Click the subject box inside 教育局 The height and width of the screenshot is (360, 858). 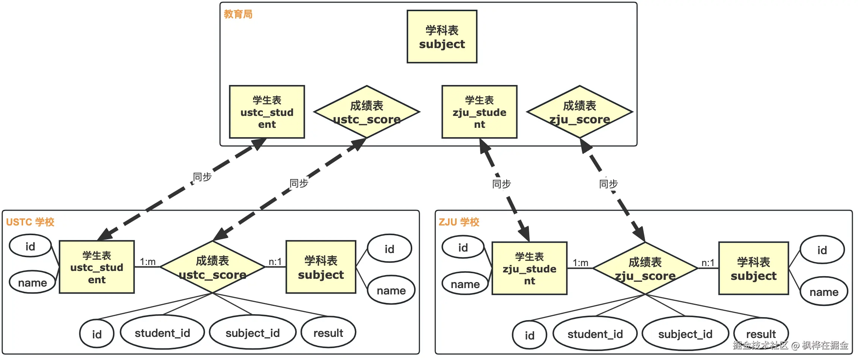click(442, 37)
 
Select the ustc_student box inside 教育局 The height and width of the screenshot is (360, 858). click(267, 112)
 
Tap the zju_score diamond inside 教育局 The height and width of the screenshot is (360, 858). click(580, 112)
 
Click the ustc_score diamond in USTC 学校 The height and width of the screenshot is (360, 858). click(212, 267)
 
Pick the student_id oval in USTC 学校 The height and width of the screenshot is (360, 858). click(163, 332)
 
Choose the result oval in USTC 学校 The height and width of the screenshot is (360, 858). click(328, 332)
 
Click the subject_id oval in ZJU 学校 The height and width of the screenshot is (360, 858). click(685, 334)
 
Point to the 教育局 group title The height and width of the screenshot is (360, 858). click(238, 14)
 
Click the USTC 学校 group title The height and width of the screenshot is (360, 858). click(30, 222)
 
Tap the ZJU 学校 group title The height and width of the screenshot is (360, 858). click(459, 222)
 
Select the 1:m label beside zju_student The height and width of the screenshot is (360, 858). click(580, 263)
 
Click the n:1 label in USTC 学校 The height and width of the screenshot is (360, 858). click(275, 262)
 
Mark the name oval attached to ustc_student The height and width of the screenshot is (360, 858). click(32, 282)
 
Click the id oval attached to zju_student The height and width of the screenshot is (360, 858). click(463, 247)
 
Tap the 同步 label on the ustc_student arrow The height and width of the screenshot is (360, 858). click(202, 177)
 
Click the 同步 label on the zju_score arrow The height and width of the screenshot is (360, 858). click(608, 184)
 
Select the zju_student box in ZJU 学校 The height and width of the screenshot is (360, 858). click(529, 268)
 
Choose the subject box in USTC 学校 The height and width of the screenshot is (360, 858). click(321, 267)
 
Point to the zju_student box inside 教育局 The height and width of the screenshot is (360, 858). click(479, 112)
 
